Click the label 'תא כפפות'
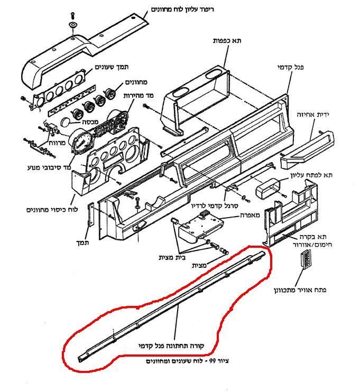(x=227, y=41)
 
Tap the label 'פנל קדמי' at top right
(x=291, y=67)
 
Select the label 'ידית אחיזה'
(x=313, y=115)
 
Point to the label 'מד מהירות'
(x=139, y=95)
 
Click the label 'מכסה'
(x=90, y=122)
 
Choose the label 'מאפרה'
(x=250, y=215)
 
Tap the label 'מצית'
(x=199, y=266)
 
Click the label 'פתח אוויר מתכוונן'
(x=300, y=290)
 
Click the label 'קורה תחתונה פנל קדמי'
(x=171, y=346)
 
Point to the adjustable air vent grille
(x=306, y=259)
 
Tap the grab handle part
(x=307, y=150)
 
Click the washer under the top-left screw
(x=73, y=25)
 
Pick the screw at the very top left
(x=72, y=15)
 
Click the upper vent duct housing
(x=269, y=190)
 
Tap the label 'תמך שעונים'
(x=112, y=67)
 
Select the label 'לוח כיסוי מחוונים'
(x=52, y=209)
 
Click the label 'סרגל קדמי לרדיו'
(x=215, y=206)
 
